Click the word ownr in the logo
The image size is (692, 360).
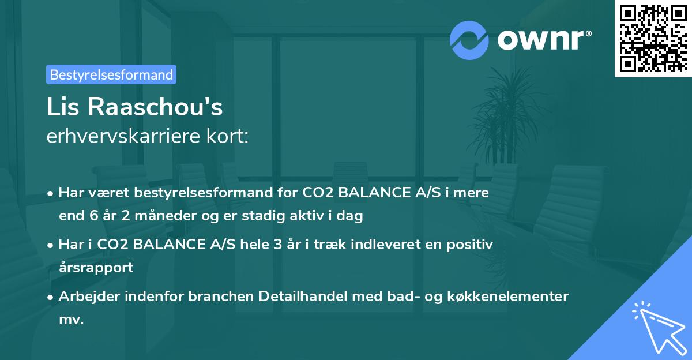coord(543,40)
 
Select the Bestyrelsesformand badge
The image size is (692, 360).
coord(111,74)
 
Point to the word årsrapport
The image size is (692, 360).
coord(96,267)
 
